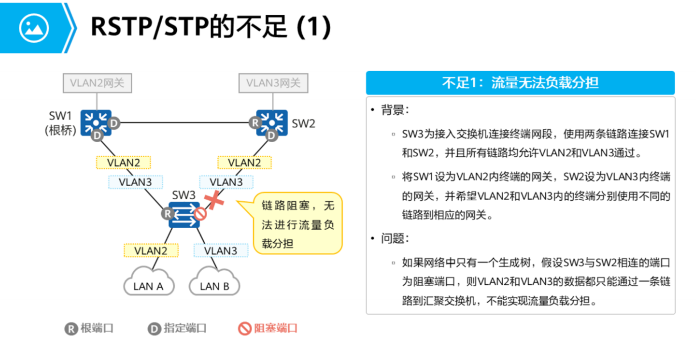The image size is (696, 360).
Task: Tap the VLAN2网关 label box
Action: coord(97,83)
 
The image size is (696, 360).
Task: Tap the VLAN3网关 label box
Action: coord(273,83)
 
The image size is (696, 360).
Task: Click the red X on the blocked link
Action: coord(214,200)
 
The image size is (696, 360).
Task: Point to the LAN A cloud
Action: coord(148,283)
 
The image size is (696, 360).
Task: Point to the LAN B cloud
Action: coord(215,283)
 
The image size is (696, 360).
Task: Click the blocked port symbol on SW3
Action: coord(200,214)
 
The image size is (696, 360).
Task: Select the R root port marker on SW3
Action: coord(167,214)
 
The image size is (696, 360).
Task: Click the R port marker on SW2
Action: coord(255,122)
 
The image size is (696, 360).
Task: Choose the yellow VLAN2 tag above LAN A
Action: coord(151,250)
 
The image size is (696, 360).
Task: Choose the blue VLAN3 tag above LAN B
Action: coord(220,250)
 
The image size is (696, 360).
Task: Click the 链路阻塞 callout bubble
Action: coord(298,224)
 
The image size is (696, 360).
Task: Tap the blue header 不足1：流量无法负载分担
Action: coord(520,83)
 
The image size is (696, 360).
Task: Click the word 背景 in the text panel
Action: coord(394,110)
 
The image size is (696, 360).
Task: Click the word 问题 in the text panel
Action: coord(394,238)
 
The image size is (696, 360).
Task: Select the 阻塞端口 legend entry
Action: coord(267,328)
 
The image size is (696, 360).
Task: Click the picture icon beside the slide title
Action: coord(34,27)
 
